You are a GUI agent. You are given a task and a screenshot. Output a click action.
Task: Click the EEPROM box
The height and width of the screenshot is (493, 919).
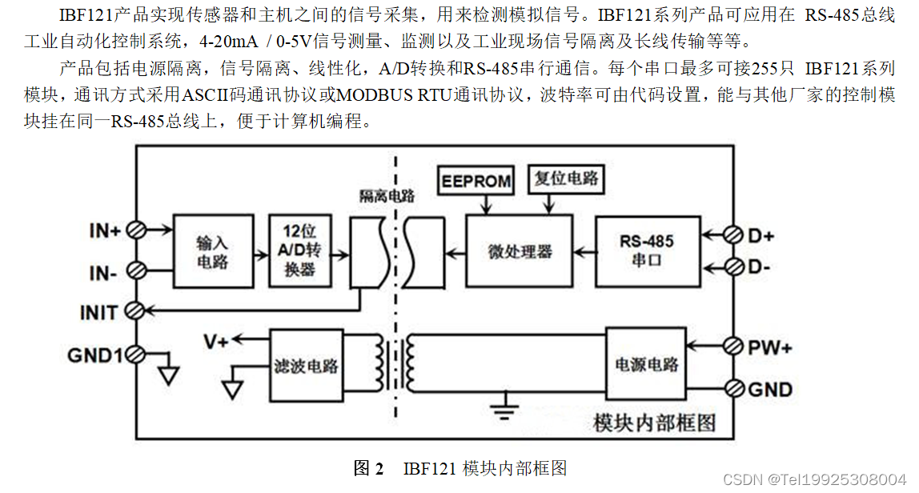477,181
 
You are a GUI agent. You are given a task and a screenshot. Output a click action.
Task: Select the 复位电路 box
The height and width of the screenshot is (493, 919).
567,178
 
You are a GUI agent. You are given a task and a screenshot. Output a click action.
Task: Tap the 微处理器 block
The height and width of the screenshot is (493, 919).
520,251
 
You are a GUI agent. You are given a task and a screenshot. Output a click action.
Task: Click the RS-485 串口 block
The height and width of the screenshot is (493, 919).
646,251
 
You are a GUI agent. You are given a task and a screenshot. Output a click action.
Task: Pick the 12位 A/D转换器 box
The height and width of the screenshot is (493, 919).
300,250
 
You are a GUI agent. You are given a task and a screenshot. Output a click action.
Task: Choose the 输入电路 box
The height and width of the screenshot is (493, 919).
211,251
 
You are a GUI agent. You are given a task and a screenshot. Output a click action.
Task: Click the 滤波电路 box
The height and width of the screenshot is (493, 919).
305,367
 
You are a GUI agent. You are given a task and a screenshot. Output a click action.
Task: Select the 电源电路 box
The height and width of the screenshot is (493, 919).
646,364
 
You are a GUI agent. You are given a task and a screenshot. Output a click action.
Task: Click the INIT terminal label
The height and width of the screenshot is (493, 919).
99,311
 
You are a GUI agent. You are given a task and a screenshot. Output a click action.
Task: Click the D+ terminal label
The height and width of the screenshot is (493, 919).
761,236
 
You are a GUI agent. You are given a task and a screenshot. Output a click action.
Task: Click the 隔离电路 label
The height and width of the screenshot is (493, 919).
387,196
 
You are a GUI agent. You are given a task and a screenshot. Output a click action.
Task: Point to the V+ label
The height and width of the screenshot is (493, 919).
215,342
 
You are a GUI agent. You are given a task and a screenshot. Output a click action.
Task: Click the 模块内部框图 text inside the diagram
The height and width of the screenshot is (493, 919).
654,422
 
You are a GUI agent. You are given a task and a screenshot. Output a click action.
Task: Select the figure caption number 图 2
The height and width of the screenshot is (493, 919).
369,468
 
